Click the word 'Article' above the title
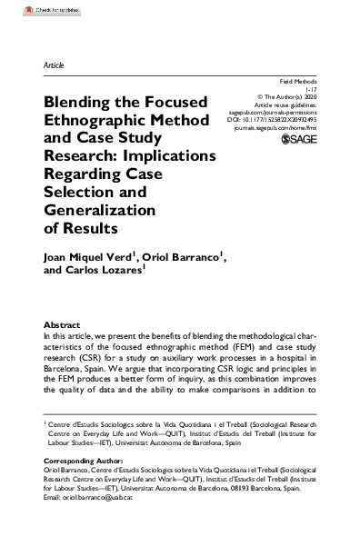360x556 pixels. click(54, 65)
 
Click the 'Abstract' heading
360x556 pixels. click(62, 325)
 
